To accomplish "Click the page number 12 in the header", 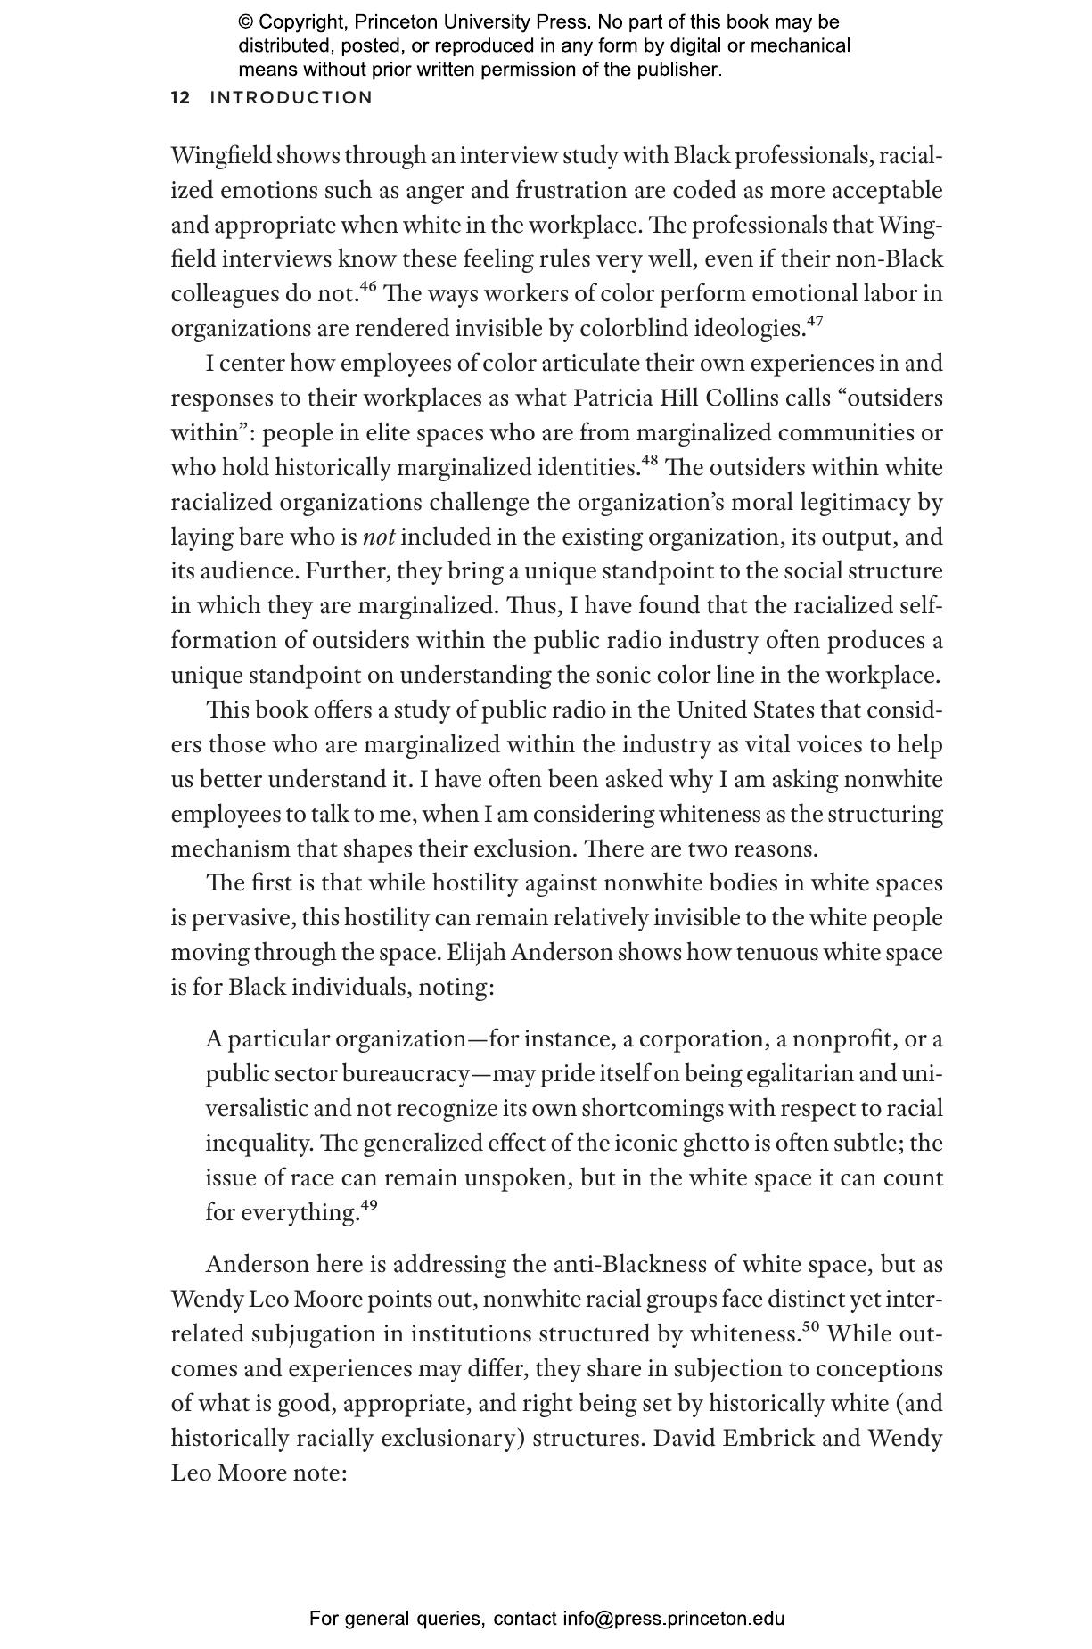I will pyautogui.click(x=180, y=98).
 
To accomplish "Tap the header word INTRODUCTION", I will pyautogui.click(x=291, y=98).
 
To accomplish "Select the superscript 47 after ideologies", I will pyautogui.click(x=814, y=322).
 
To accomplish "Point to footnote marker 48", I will pyautogui.click(x=649, y=461).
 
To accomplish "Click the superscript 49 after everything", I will pyautogui.click(x=368, y=1206).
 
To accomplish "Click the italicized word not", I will pyautogui.click(x=379, y=537).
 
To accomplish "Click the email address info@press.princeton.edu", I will pyautogui.click(x=673, y=1619).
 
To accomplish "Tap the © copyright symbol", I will pyautogui.click(x=246, y=22).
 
